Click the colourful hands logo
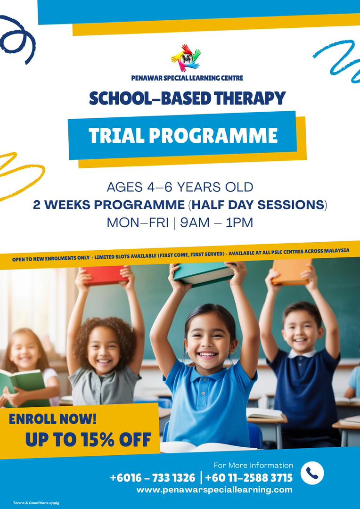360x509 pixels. pyautogui.click(x=186, y=57)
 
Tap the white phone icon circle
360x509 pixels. pyautogui.click(x=312, y=473)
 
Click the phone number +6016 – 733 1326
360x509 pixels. pyautogui.click(x=152, y=478)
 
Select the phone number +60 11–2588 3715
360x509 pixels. pyautogui.click(x=249, y=478)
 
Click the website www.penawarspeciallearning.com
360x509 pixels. pyautogui.click(x=214, y=490)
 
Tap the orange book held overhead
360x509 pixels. pyautogui.click(x=291, y=272)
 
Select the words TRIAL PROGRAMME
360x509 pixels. pyautogui.click(x=183, y=136)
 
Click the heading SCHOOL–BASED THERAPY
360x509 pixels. pyautogui.click(x=187, y=99)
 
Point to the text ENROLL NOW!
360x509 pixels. pyautogui.click(x=52, y=419)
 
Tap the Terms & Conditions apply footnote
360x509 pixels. pyautogui.click(x=36, y=503)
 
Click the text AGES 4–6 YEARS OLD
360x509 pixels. pyautogui.click(x=180, y=187)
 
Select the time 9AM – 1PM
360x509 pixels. pyautogui.click(x=216, y=222)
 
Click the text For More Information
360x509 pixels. pyautogui.click(x=253, y=465)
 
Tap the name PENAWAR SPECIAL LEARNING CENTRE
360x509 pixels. pyautogui.click(x=187, y=78)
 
